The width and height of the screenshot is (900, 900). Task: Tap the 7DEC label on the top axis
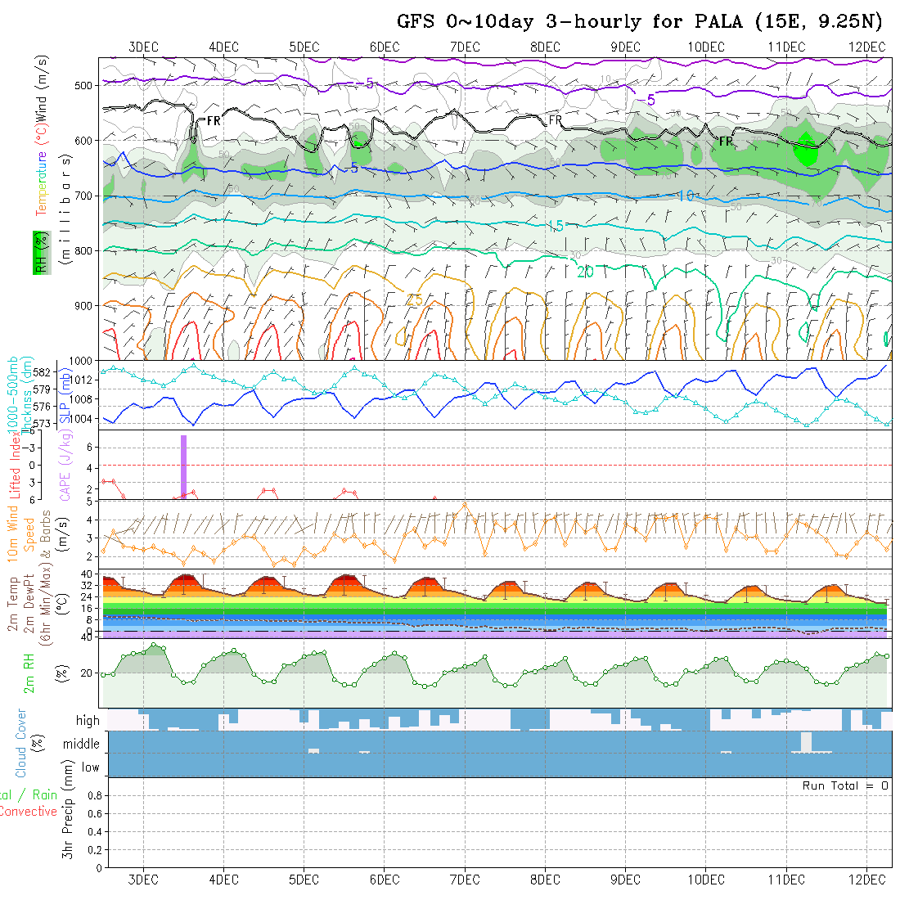tap(465, 47)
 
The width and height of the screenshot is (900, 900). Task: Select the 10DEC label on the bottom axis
tap(706, 879)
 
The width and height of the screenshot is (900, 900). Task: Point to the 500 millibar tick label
tap(87, 84)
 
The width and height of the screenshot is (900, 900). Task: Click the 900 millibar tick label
tap(87, 305)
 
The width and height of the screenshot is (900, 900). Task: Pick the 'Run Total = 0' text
tap(845, 785)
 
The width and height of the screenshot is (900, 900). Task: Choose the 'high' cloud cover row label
tap(88, 721)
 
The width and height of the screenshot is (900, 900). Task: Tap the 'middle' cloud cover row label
tap(82, 745)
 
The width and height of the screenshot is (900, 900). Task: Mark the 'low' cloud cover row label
tap(90, 767)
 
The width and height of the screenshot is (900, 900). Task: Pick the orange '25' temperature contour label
tap(414, 300)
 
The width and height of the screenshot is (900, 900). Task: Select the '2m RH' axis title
tap(29, 673)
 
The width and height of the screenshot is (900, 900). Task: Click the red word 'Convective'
tap(29, 812)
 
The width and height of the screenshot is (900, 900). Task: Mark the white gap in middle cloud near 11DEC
tap(807, 741)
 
